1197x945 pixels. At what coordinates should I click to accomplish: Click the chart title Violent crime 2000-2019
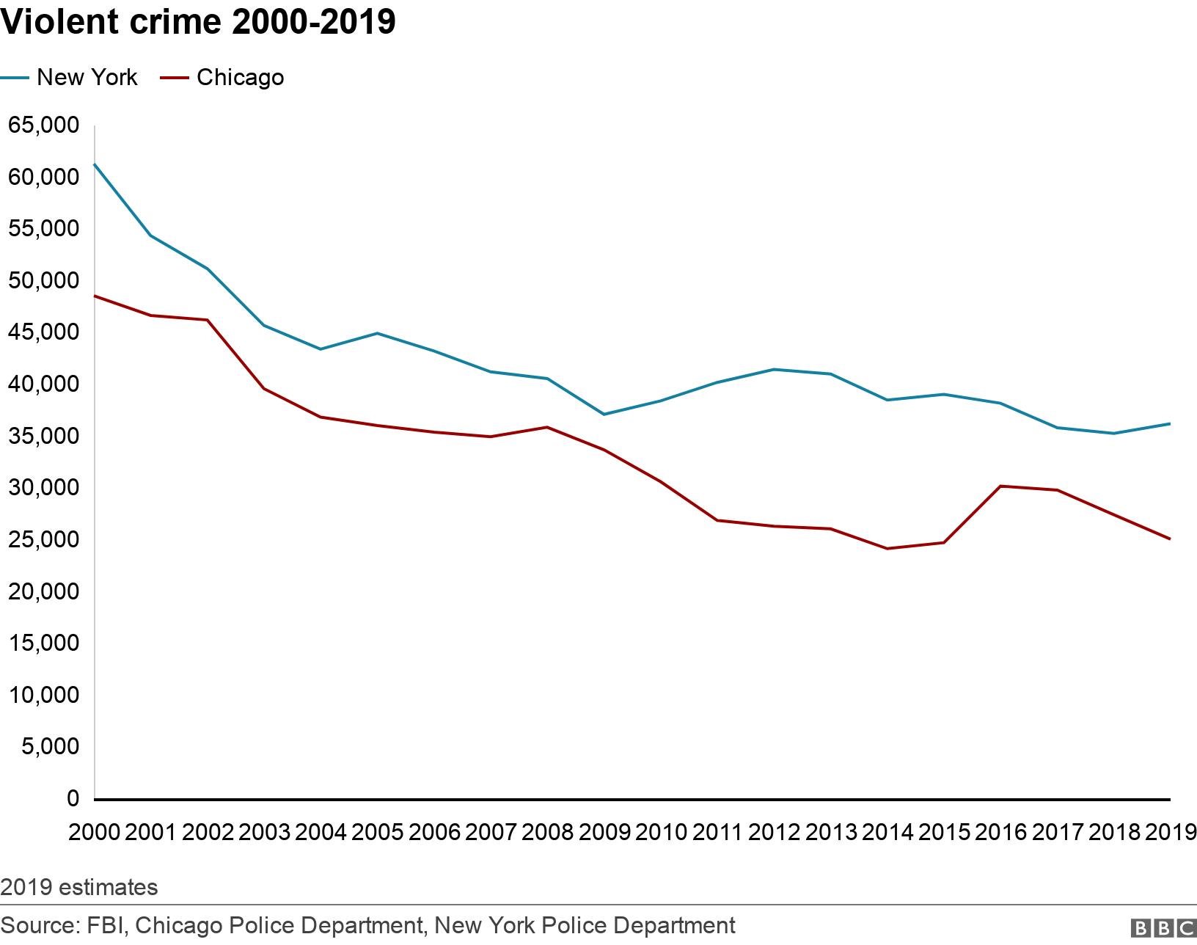coord(198,23)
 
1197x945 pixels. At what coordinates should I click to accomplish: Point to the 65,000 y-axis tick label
coord(43,125)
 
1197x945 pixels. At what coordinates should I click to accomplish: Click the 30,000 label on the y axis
coord(43,487)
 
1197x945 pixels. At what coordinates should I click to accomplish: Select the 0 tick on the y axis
coord(73,798)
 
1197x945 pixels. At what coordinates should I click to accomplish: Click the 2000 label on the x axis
coord(95,832)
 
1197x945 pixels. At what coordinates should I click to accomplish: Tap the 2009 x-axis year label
coord(604,832)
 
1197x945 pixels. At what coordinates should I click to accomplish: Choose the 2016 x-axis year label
coord(1000,832)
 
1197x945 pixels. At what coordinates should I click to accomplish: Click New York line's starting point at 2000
coord(95,164)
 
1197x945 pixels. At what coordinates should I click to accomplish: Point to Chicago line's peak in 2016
coord(1000,486)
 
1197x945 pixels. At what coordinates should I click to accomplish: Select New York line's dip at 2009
coord(604,415)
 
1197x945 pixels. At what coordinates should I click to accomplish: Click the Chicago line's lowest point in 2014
coord(887,549)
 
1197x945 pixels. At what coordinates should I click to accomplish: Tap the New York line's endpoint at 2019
coord(1169,423)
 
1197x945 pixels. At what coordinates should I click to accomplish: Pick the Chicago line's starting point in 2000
coord(95,296)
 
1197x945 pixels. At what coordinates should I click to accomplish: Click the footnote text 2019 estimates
coord(79,888)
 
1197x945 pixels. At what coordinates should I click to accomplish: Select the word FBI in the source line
coord(102,925)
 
